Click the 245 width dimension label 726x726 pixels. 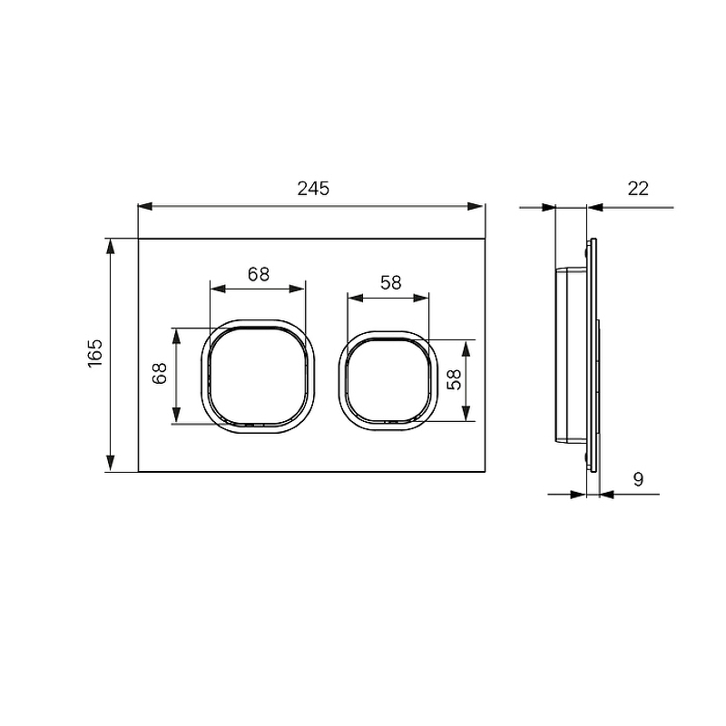point(313,189)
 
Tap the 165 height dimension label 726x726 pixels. point(95,354)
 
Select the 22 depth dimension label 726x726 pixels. point(638,189)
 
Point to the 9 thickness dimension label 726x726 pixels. point(639,479)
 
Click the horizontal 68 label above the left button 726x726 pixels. point(259,275)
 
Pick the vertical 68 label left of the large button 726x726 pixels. point(160,373)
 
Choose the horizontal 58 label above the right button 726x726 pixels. point(391,283)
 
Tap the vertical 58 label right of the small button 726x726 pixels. point(455,379)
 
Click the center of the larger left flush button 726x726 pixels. point(258,376)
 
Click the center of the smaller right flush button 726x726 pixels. point(388,380)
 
